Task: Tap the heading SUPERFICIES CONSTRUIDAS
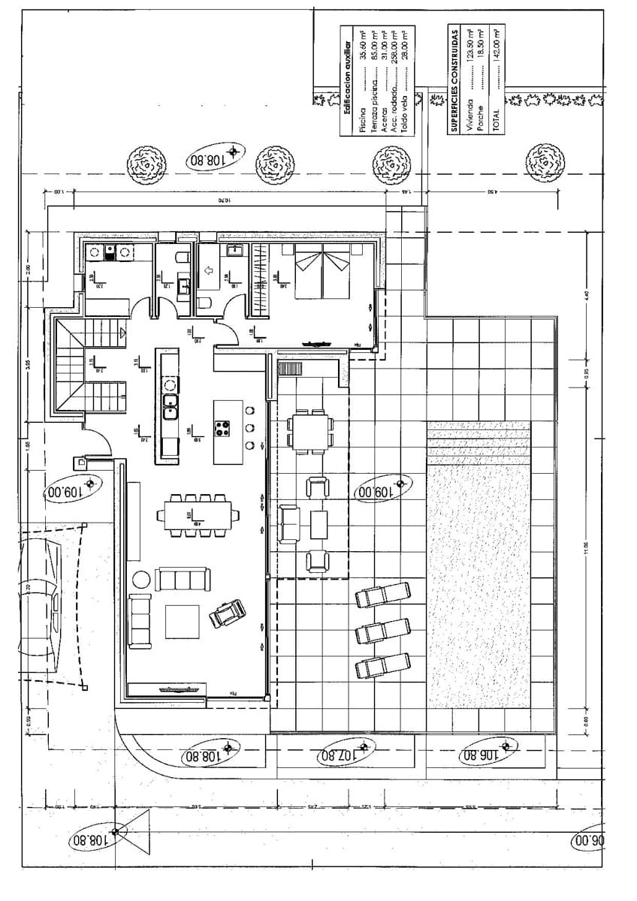[x=454, y=81]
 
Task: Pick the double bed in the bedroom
[x=322, y=272]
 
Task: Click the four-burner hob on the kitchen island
[x=223, y=429]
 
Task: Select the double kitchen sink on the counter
[x=171, y=405]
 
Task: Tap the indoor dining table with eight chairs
[x=195, y=515]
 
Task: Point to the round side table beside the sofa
[x=140, y=579]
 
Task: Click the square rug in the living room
[x=182, y=621]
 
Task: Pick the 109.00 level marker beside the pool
[x=383, y=489]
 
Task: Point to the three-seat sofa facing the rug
[x=183, y=579]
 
